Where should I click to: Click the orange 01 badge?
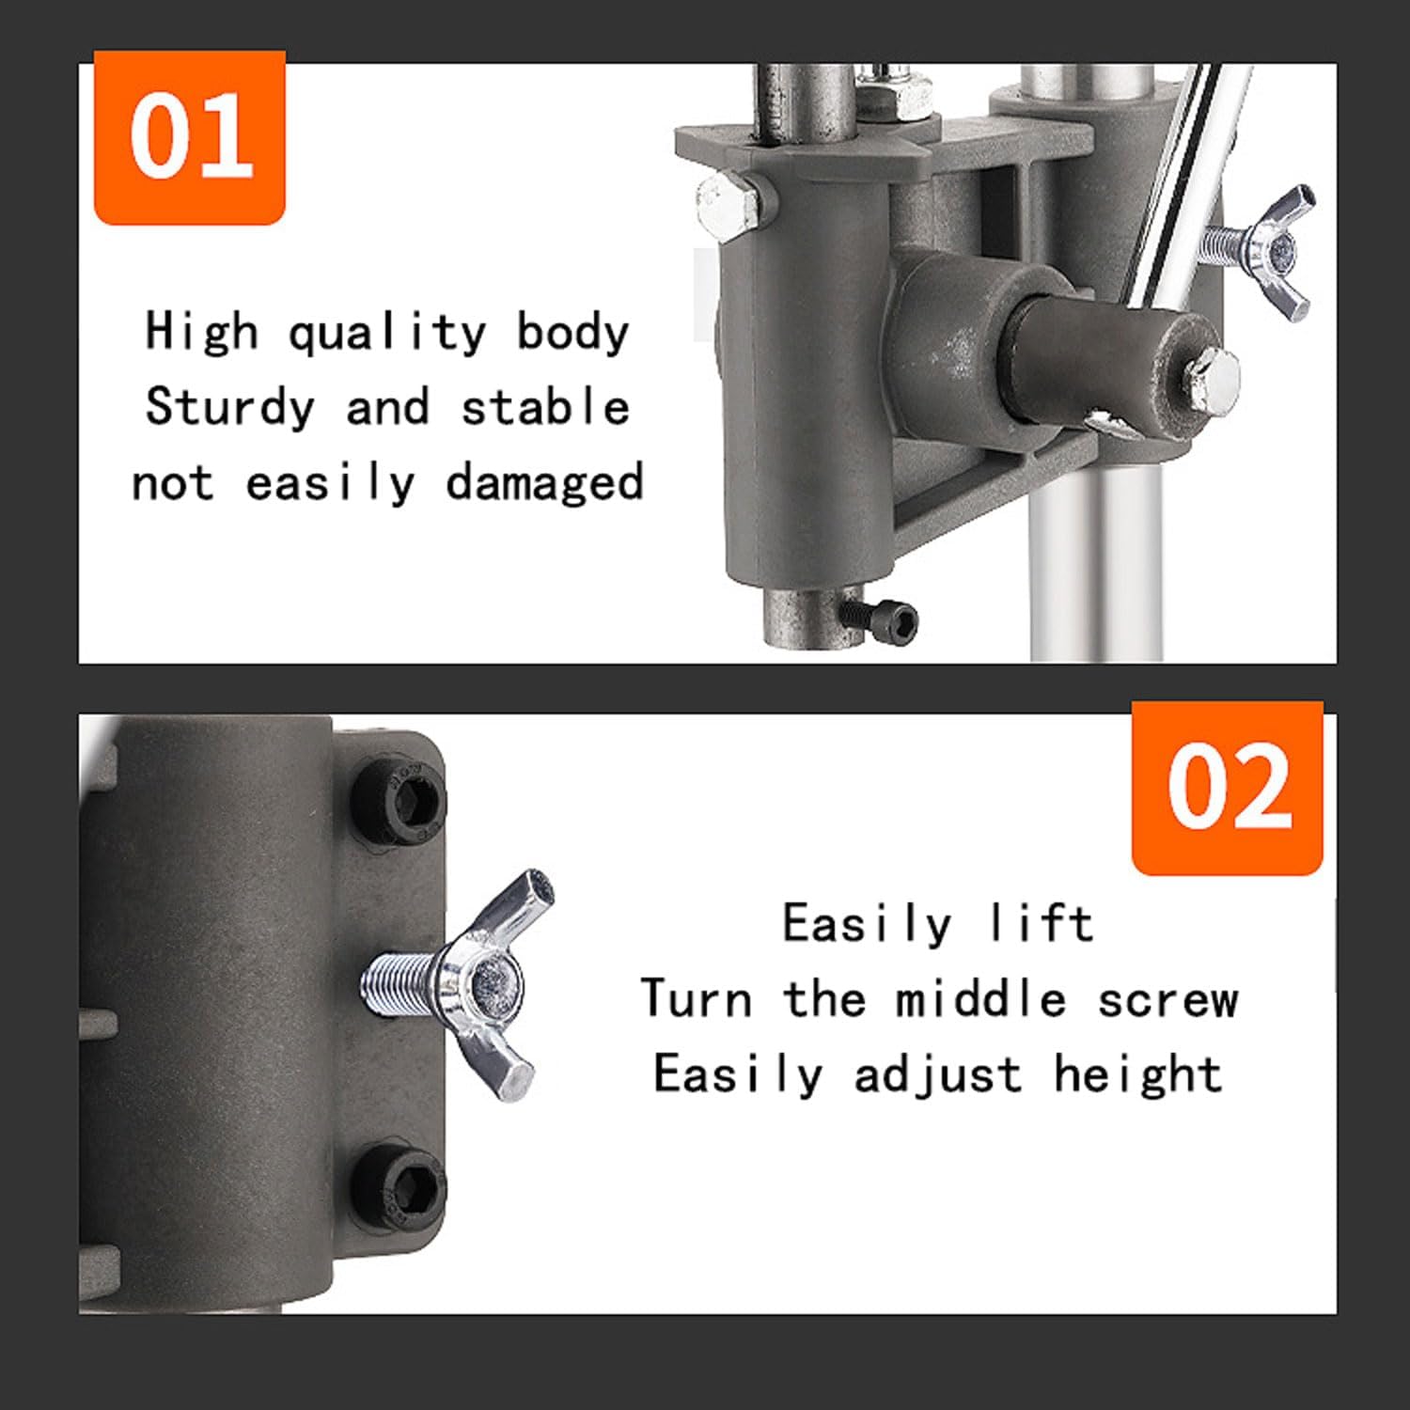click(189, 137)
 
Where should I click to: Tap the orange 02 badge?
click(1227, 788)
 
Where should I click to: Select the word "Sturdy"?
click(229, 409)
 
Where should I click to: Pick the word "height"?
click(1137, 1073)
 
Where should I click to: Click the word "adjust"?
click(937, 1074)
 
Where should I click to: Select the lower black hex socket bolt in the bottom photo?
click(399, 1190)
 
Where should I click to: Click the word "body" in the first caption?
click(572, 333)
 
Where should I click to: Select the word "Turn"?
click(697, 998)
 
